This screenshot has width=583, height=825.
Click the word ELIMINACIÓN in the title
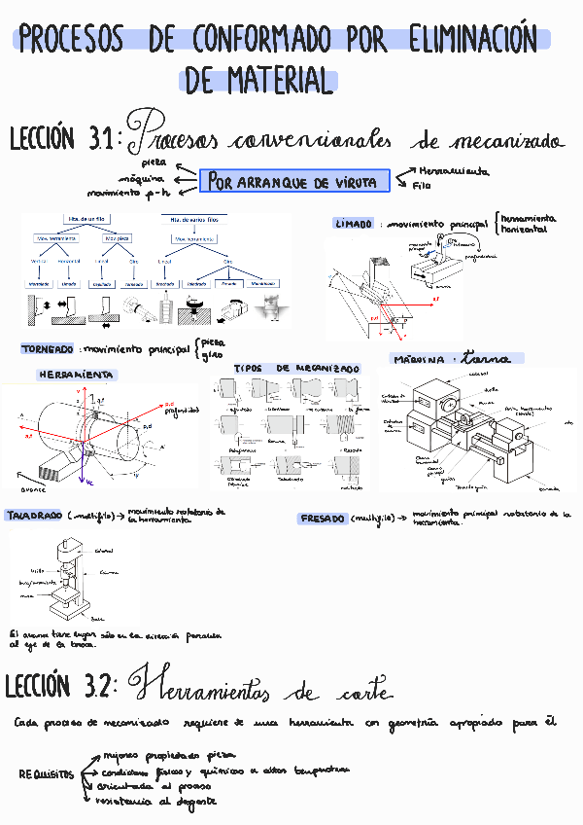[x=473, y=41]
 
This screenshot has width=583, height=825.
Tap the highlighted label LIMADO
[x=354, y=224]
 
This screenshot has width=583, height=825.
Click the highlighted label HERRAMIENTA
[x=76, y=375]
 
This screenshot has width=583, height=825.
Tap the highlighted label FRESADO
[x=322, y=519]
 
